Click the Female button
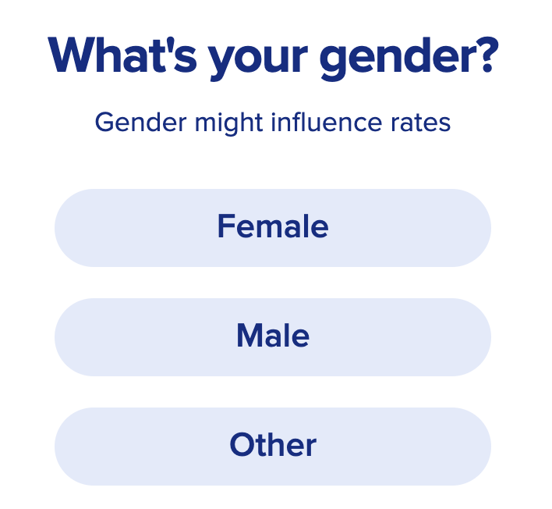[x=273, y=228]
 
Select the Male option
[x=273, y=337]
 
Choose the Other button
[x=273, y=447]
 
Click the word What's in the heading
[x=122, y=55]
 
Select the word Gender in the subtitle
[x=140, y=123]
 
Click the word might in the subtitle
[x=228, y=123]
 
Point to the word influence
[x=327, y=123]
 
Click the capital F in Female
[x=225, y=226]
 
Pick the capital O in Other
[x=242, y=444]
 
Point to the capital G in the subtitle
[x=105, y=123]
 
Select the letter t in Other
[x=264, y=446]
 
